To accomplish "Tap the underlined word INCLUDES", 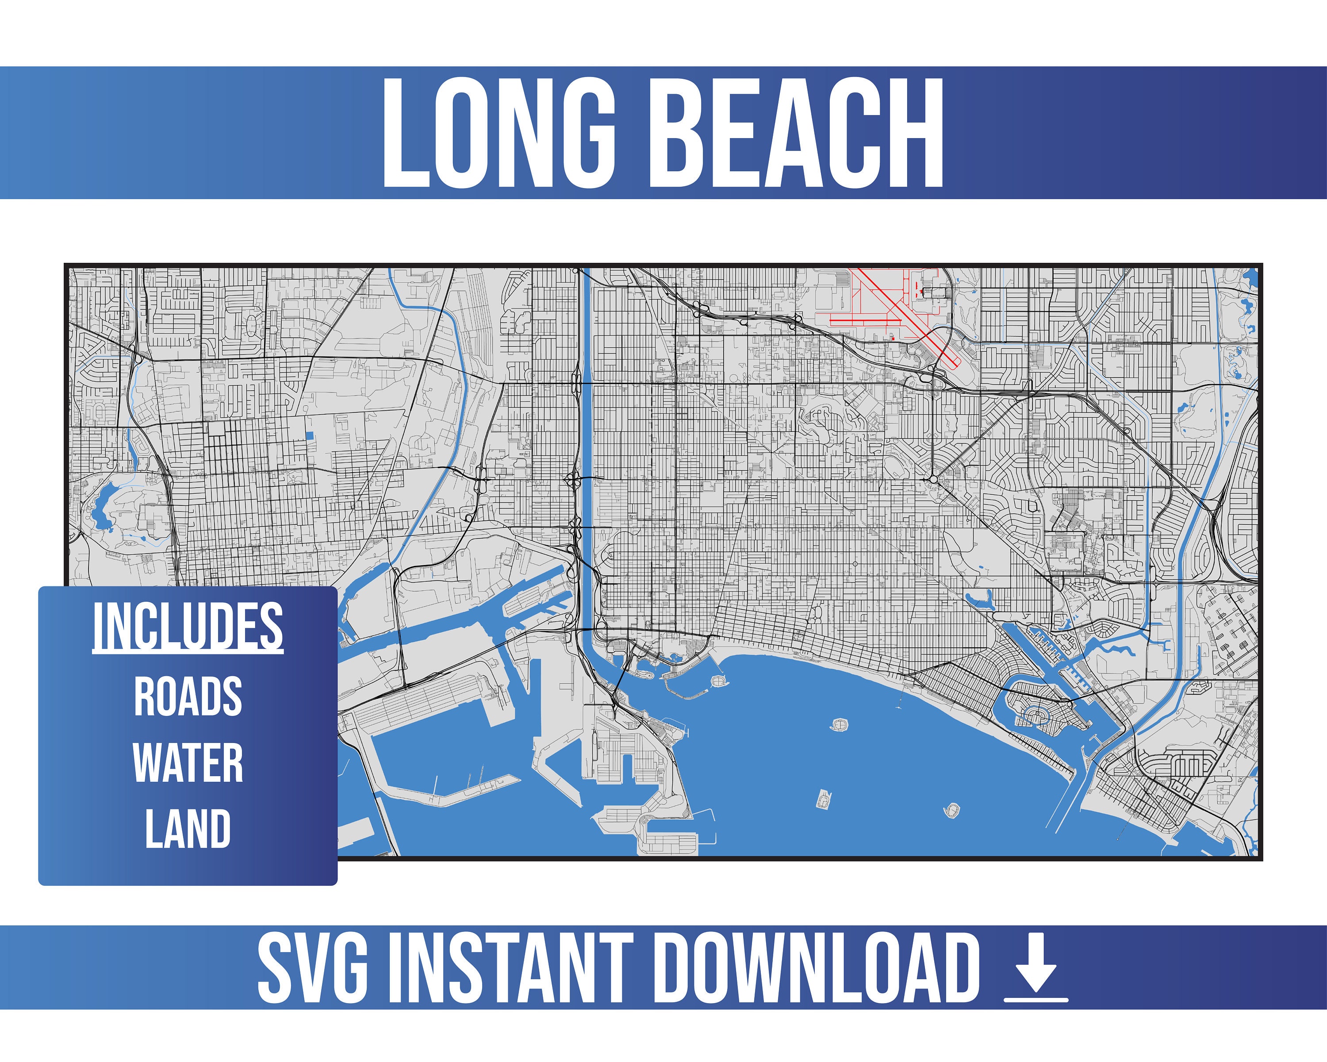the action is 188,626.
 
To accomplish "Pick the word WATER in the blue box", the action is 188,763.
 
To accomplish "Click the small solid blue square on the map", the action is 310,435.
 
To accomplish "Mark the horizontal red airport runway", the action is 862,319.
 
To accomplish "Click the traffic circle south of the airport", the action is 933,478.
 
